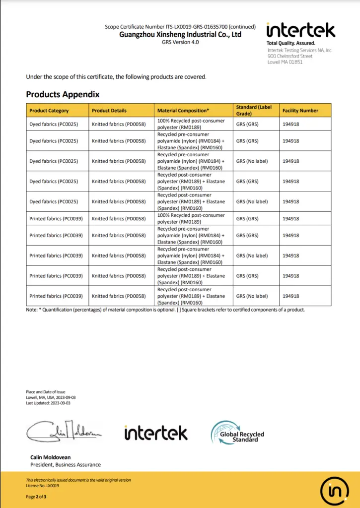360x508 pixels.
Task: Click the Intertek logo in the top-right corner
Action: point(300,30)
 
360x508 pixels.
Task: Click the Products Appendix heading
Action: point(63,94)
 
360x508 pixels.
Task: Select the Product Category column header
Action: point(49,111)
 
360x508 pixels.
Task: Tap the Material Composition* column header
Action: point(183,111)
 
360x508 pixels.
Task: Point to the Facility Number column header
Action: point(300,111)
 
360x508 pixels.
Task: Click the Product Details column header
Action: point(109,111)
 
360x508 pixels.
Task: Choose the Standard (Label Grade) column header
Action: point(254,110)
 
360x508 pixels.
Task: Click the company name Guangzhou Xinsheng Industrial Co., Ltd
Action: point(180,34)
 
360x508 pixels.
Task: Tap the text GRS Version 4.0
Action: point(180,42)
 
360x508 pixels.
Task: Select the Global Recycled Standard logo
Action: point(237,433)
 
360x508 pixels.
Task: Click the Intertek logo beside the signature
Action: point(156,433)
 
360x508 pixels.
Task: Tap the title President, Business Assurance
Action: point(66,465)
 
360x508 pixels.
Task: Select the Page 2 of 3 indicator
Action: point(36,497)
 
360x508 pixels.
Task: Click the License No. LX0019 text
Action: point(42,486)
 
